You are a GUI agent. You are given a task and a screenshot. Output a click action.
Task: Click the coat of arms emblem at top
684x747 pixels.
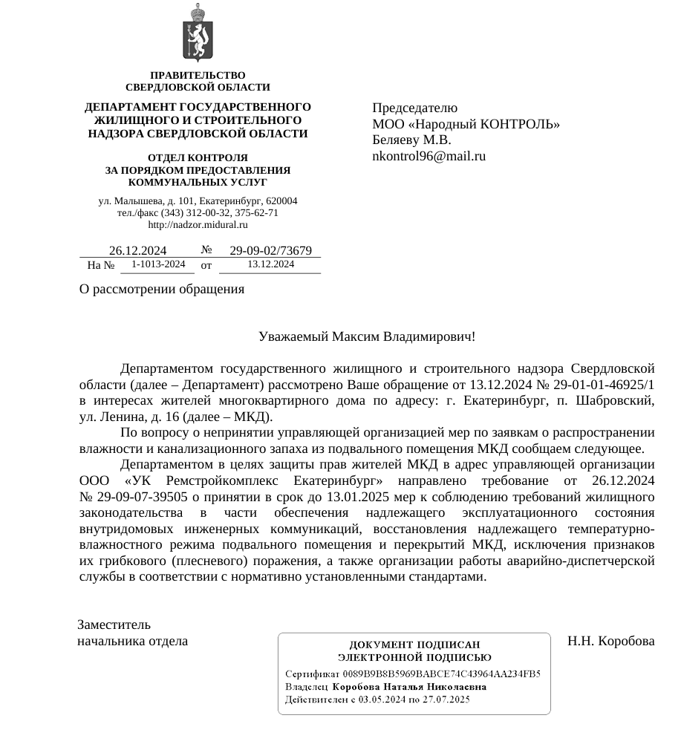(198, 33)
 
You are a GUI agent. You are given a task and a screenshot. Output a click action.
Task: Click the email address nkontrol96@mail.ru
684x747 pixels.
(429, 156)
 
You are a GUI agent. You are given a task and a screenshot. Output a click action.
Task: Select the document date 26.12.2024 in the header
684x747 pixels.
(137, 251)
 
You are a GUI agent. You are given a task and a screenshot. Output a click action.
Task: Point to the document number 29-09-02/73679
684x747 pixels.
(270, 251)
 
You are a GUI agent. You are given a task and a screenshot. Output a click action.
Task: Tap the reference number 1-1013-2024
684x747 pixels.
(158, 264)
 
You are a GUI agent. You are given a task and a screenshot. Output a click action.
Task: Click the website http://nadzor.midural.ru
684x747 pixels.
(198, 225)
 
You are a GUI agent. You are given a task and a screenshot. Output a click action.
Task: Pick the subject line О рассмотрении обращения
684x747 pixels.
(162, 290)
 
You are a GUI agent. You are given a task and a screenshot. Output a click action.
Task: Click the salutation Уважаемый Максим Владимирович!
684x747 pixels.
(367, 336)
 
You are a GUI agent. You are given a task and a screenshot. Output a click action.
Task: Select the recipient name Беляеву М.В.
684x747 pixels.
(411, 140)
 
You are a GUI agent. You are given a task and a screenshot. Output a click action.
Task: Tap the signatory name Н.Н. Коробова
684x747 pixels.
(610, 641)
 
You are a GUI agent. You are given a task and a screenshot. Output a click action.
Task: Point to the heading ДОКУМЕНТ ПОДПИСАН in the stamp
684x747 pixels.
(414, 645)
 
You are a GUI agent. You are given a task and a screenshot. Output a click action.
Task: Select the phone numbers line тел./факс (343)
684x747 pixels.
(198, 213)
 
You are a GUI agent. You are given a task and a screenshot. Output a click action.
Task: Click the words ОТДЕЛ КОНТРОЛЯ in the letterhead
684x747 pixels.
(198, 158)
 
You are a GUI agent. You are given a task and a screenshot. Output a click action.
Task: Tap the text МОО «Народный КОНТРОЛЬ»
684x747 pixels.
(466, 124)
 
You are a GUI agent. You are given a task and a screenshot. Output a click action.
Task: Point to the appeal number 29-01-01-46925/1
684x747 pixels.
(597, 385)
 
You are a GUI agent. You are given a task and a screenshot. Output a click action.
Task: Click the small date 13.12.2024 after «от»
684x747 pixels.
(270, 264)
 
